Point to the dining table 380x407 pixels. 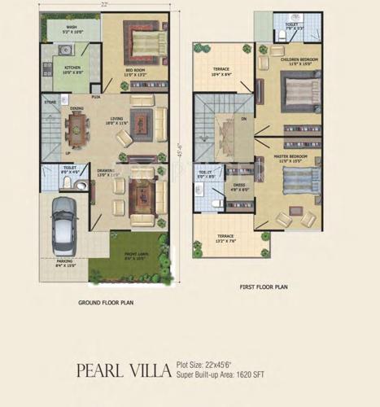click(78, 125)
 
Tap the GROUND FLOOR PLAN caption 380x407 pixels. click(106, 303)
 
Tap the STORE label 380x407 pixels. click(50, 103)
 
